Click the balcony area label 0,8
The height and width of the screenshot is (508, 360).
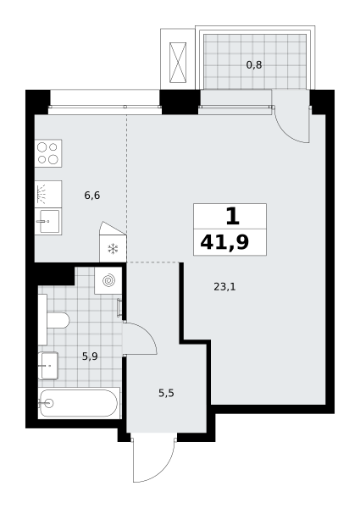[254, 65]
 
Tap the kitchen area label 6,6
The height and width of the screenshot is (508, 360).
[92, 196]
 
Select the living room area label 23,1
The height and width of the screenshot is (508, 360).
[224, 287]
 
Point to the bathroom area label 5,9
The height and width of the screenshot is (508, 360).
[90, 356]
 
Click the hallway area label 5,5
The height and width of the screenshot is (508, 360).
[166, 394]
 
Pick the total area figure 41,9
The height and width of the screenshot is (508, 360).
[224, 242]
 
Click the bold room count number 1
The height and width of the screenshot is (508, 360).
[232, 217]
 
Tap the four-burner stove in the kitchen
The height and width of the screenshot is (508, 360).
[48, 153]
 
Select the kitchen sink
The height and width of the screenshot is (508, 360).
[48, 221]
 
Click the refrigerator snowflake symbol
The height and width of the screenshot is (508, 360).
[113, 249]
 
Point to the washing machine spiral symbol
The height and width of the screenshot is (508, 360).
[108, 280]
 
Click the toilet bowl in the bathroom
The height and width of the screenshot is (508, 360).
[58, 320]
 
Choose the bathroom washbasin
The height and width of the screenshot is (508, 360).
[48, 366]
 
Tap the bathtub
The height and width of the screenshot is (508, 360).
[79, 403]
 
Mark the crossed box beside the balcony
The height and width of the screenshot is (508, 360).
[178, 63]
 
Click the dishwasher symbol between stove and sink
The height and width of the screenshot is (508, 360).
[48, 194]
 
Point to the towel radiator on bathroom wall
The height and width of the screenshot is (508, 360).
[119, 308]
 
